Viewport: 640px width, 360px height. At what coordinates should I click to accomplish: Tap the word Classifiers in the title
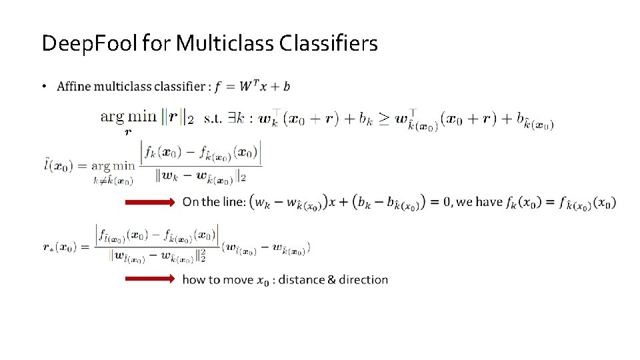click(x=329, y=44)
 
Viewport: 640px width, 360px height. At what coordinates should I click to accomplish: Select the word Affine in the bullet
click(x=74, y=87)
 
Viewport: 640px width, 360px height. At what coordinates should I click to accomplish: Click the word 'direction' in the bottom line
click(x=363, y=279)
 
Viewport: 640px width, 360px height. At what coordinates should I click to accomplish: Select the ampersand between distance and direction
click(x=331, y=279)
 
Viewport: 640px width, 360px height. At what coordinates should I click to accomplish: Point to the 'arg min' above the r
click(x=128, y=116)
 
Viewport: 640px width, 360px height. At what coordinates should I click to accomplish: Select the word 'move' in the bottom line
click(x=237, y=280)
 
